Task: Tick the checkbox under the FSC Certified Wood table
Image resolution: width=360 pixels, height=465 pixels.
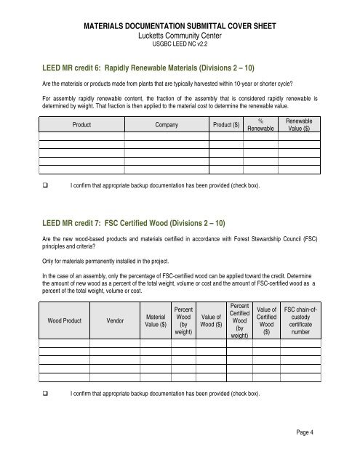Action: [45, 393]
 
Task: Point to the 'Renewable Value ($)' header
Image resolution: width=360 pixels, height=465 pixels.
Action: [298, 125]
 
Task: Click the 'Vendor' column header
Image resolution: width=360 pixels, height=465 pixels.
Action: [115, 318]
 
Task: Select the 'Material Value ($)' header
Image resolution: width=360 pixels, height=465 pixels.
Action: [156, 318]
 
